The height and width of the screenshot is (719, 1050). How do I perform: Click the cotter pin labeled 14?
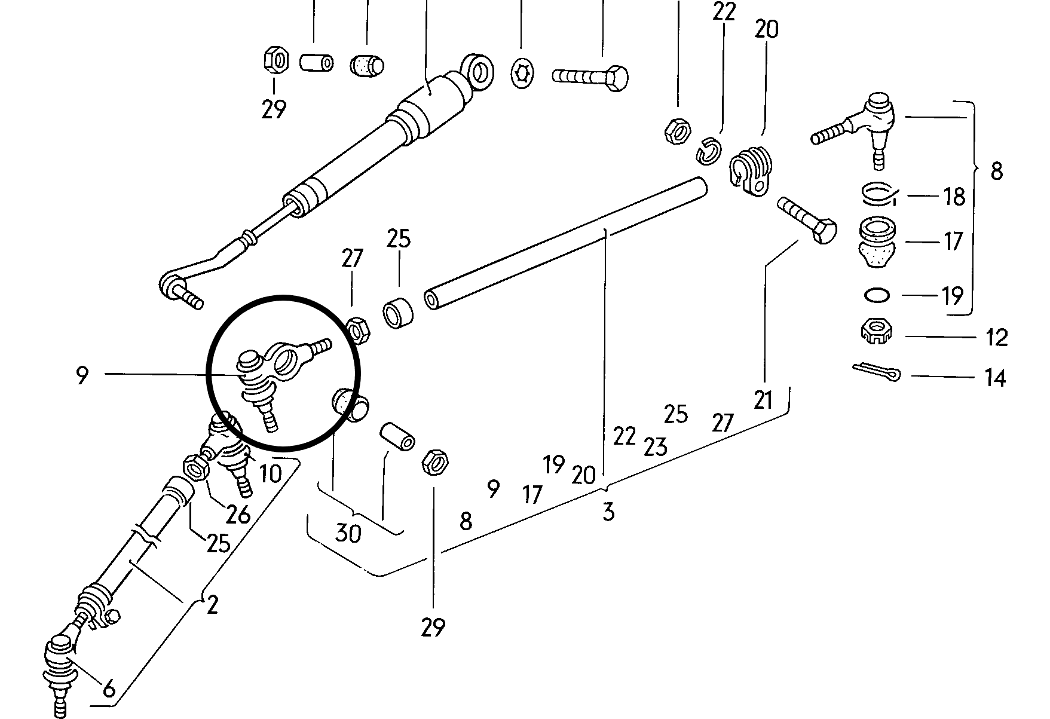pos(875,372)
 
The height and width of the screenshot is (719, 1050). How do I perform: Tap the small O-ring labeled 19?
pos(877,295)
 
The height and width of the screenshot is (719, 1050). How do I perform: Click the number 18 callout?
pos(953,196)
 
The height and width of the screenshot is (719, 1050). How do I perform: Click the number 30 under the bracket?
pos(348,533)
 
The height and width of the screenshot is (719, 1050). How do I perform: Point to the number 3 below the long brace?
pos(608,512)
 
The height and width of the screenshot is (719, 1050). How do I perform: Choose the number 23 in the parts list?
pos(655,446)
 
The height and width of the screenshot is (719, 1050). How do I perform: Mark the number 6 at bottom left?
pos(109,689)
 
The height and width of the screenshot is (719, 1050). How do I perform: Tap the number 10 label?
pos(270,474)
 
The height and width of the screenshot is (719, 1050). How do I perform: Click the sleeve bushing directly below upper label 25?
pos(398,312)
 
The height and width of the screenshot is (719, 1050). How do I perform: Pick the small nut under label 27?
pos(357,329)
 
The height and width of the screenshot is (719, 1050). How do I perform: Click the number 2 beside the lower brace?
pos(212,605)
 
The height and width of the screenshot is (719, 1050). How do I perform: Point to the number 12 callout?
pos(996,337)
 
